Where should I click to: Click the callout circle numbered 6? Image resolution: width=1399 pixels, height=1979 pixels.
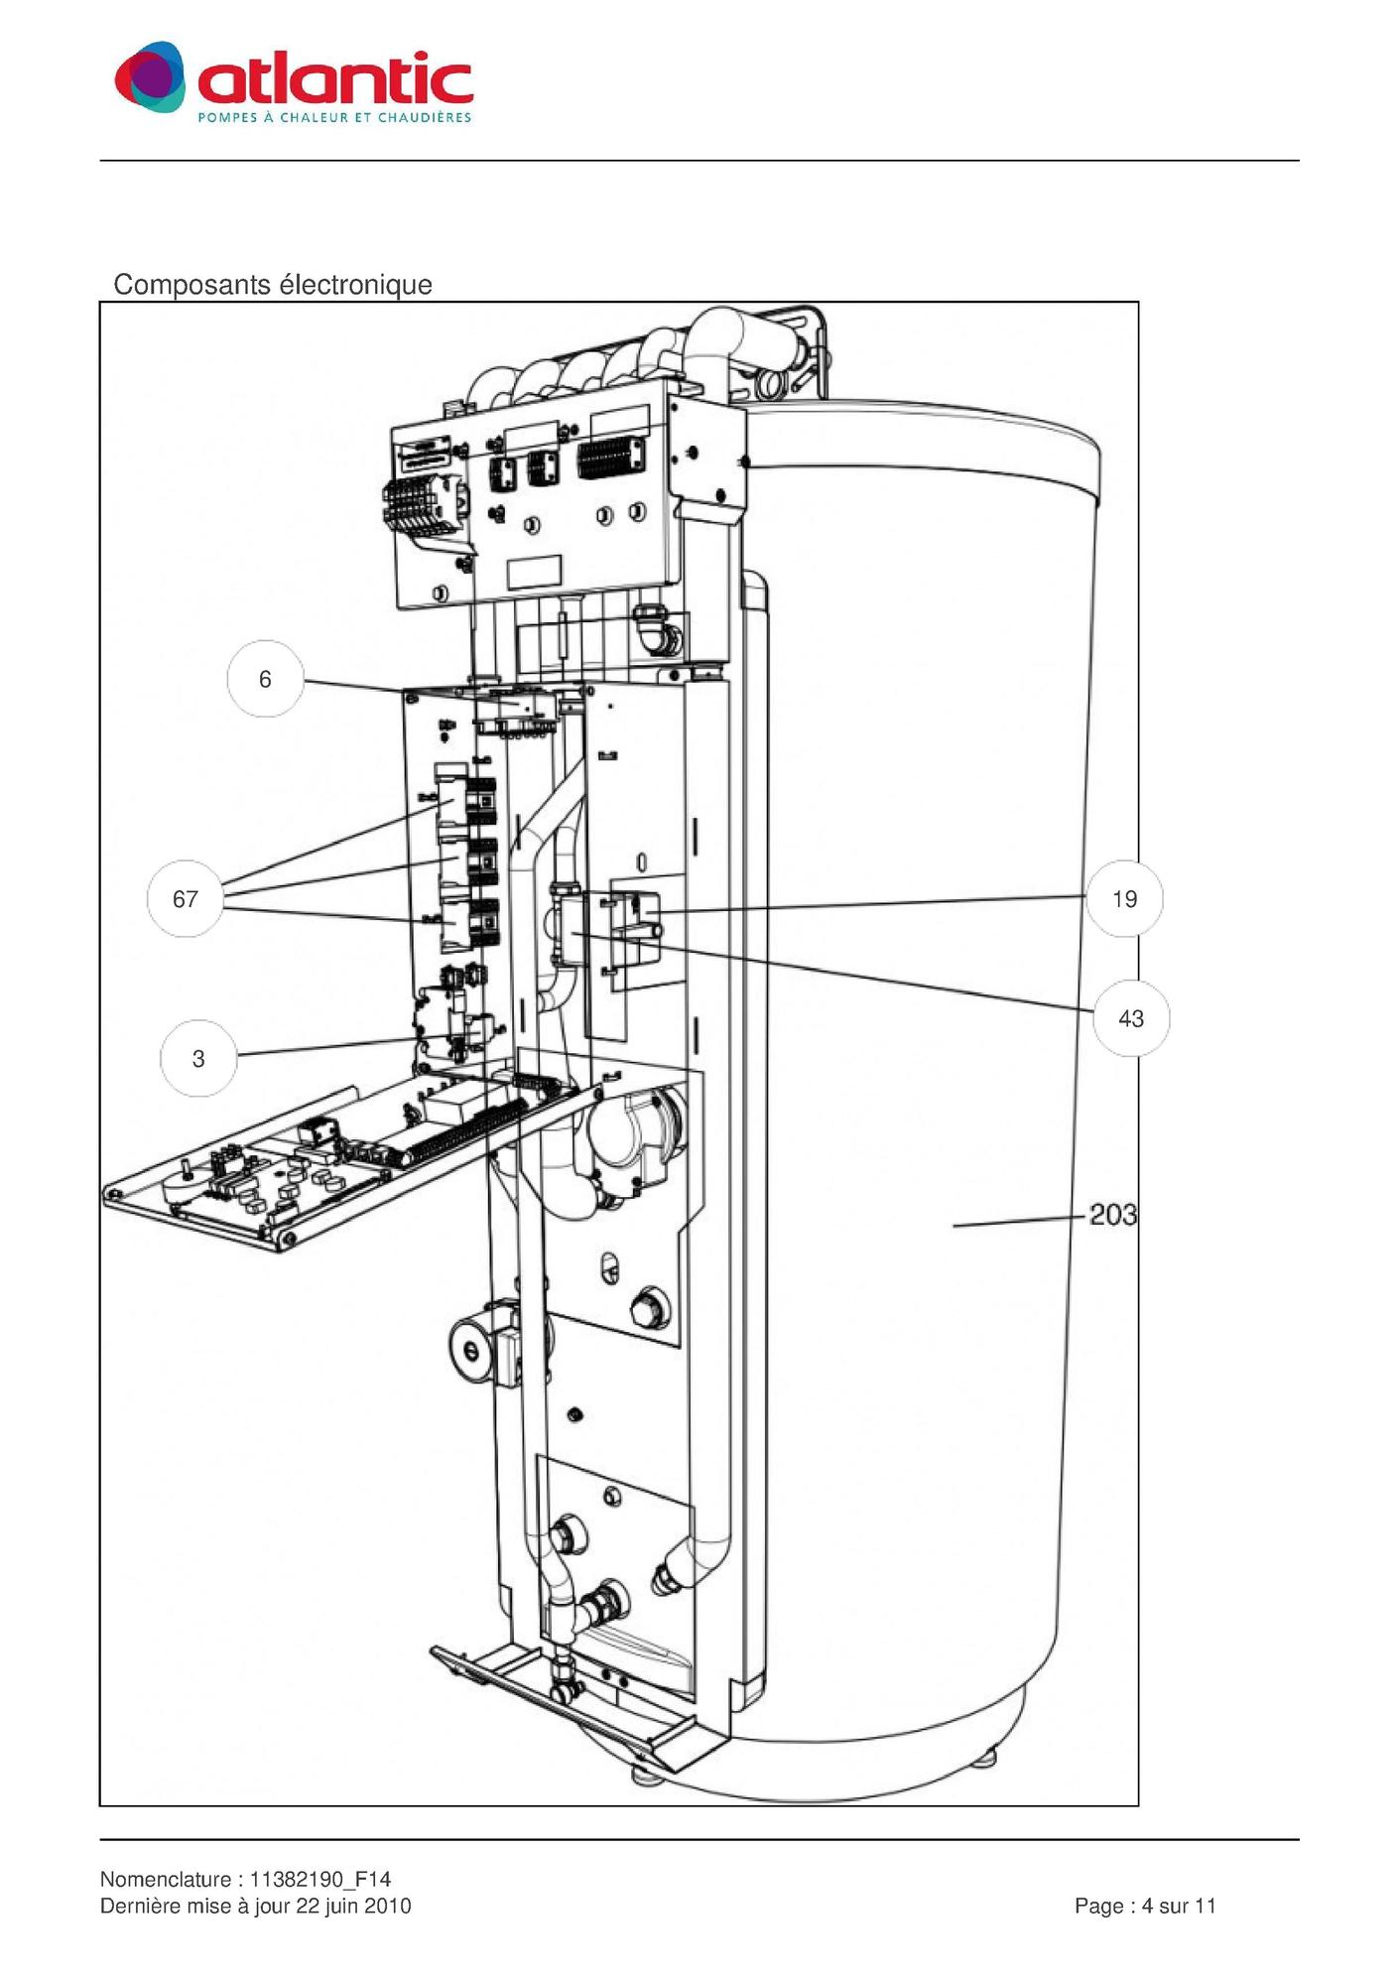pyautogui.click(x=265, y=680)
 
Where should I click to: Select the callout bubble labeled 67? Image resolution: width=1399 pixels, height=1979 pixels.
pyautogui.click(x=186, y=899)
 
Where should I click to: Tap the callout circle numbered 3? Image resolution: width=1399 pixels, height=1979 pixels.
pyautogui.click(x=198, y=1059)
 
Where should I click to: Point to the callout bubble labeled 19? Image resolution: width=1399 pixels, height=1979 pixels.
pyautogui.click(x=1124, y=899)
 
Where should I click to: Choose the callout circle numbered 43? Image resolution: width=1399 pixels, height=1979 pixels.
pyautogui.click(x=1131, y=1019)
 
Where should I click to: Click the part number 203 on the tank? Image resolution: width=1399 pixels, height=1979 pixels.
pyautogui.click(x=1112, y=1215)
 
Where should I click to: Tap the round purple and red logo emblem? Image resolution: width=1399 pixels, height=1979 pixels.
pyautogui.click(x=150, y=76)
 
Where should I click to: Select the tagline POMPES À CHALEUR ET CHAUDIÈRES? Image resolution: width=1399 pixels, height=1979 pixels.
pyautogui.click(x=334, y=118)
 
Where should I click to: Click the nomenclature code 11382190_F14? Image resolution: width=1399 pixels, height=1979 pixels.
pyautogui.click(x=319, y=1879)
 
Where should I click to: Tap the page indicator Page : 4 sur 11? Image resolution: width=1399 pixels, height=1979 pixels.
pyautogui.click(x=1145, y=1906)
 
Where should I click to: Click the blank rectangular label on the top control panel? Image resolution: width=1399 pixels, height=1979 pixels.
pyautogui.click(x=535, y=572)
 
